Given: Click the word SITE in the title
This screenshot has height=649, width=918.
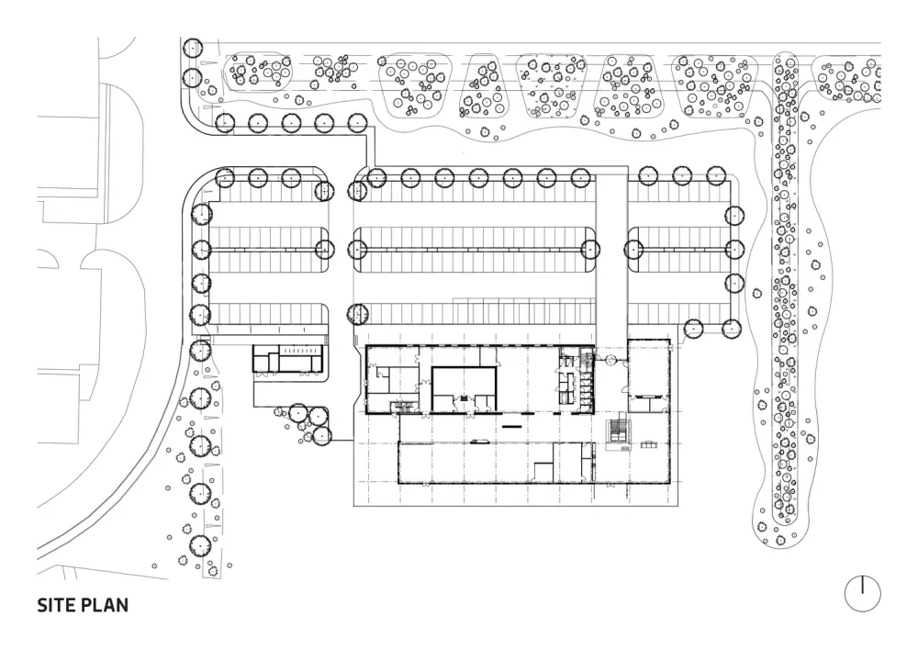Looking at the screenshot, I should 57,606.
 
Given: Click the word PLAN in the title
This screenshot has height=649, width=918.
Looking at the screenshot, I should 105,606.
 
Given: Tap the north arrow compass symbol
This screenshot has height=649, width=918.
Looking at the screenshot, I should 862,593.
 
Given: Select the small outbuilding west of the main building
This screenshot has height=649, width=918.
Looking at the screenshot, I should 289,359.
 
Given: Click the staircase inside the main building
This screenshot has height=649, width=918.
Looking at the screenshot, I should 621,431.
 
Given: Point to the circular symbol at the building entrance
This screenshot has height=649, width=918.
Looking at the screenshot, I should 607,362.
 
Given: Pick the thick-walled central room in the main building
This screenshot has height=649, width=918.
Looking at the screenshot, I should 465,386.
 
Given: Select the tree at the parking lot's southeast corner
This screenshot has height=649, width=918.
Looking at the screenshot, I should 731,327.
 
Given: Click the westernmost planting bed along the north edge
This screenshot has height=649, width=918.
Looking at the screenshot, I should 257,72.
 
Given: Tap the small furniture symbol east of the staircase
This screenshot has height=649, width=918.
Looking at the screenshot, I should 650,445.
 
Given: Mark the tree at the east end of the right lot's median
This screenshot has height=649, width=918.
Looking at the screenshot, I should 733,248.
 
